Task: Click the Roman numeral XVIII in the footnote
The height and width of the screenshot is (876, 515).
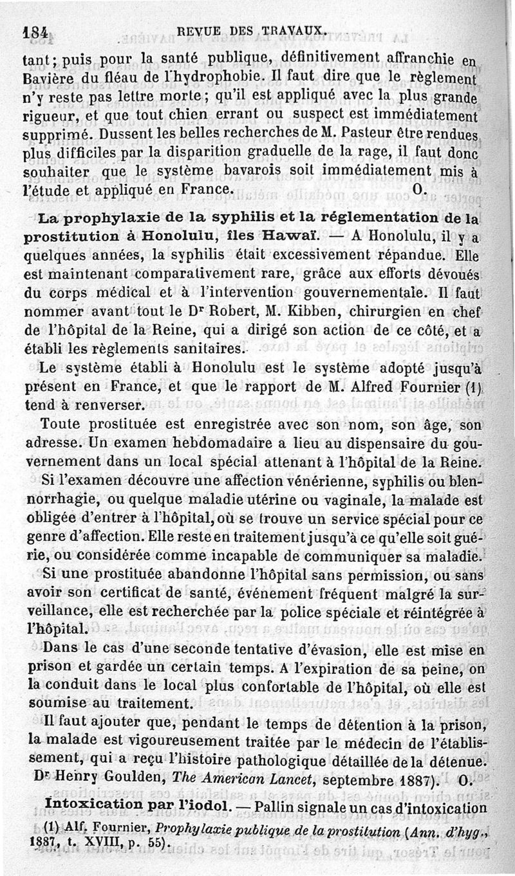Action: tap(88, 842)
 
